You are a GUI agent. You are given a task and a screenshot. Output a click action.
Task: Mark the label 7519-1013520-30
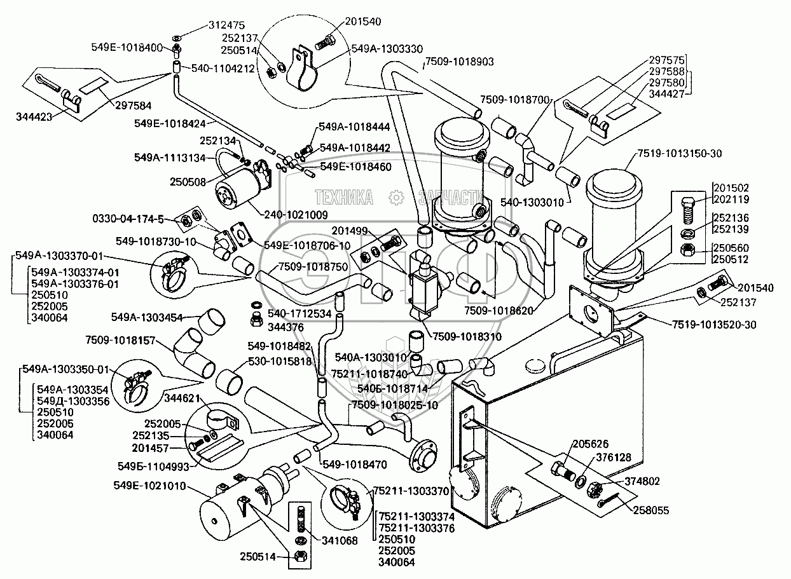pos(714,325)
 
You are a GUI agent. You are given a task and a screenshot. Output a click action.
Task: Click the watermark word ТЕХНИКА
pos(344,198)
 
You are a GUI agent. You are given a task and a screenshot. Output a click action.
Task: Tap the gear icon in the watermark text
pos(396,198)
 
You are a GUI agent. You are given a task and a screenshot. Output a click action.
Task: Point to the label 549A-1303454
pos(148,316)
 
